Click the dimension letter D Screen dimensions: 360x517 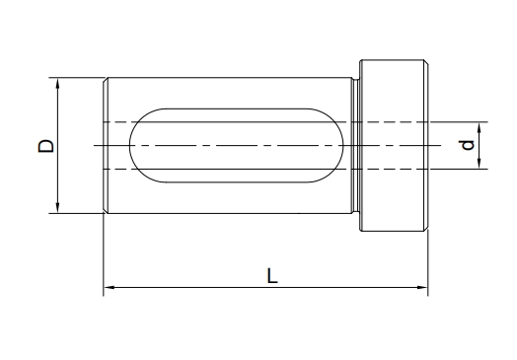pos(46,146)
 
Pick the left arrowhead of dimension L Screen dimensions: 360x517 pos(109,289)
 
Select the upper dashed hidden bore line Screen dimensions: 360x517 pos(247,121)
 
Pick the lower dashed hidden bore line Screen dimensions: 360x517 pos(247,169)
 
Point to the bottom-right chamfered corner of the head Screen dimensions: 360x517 pos(425,229)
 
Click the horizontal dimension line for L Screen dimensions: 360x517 pos(197,289)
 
